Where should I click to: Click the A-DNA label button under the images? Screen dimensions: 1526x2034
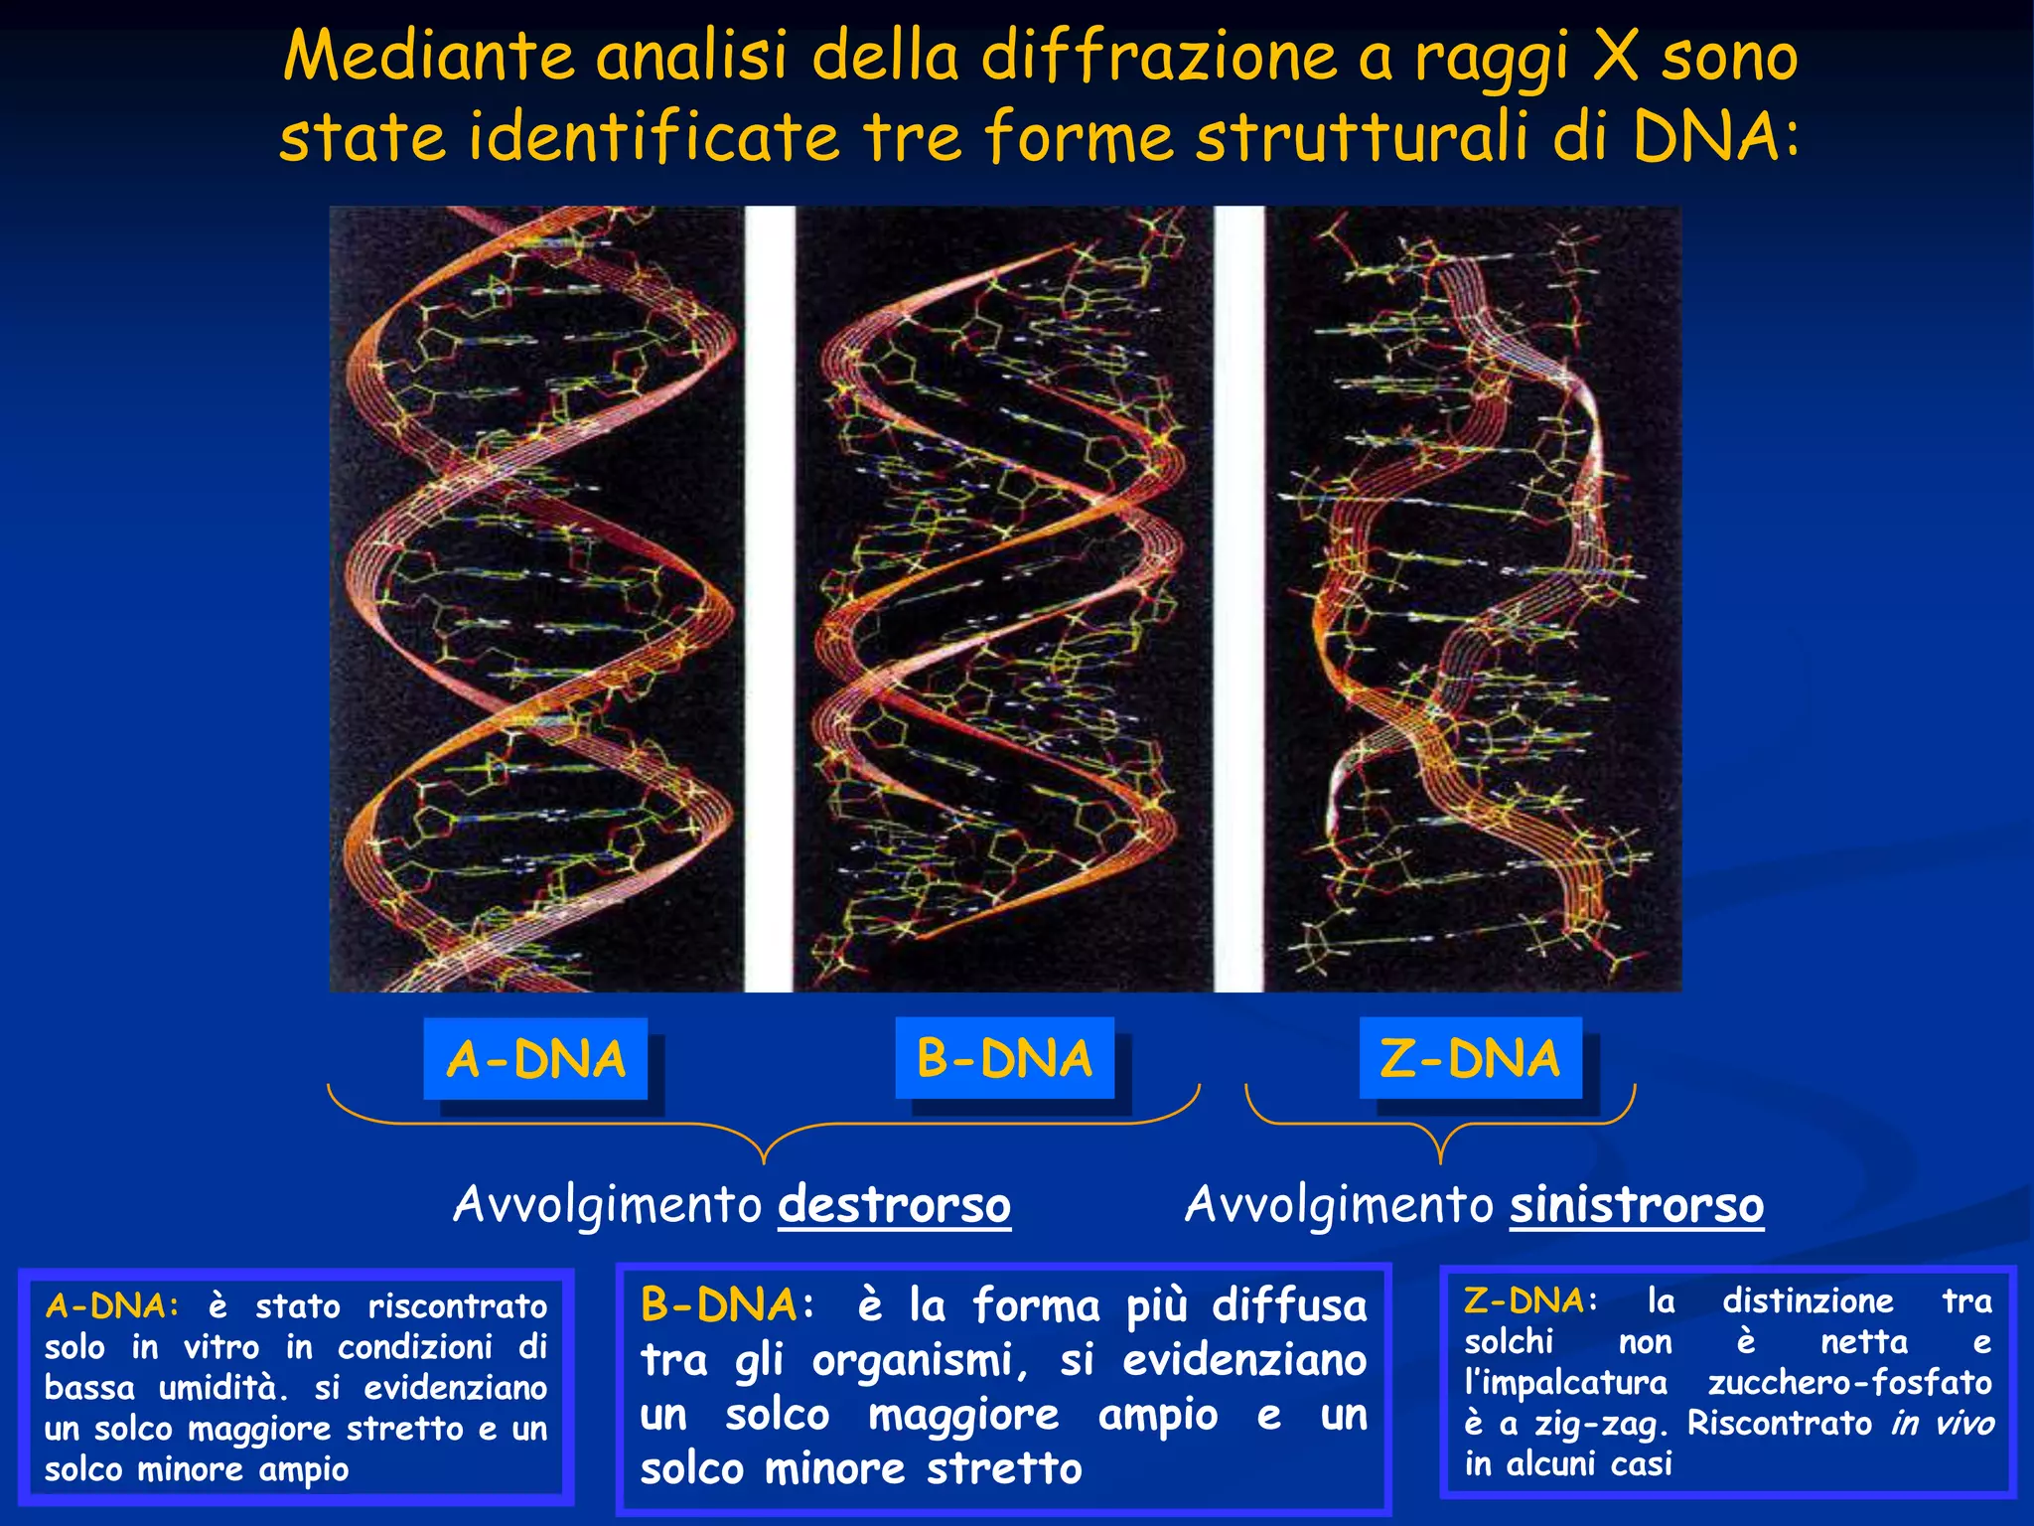pos(535,1059)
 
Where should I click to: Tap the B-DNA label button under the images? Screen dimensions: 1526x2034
pos(1004,1058)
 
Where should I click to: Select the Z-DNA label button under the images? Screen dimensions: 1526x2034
pos(1470,1058)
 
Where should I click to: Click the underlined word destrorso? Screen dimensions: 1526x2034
pos(894,1205)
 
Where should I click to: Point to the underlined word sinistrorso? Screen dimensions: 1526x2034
pos(1637,1205)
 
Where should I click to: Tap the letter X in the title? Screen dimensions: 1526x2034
pos(1615,56)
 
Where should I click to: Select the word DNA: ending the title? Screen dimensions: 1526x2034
pos(1715,136)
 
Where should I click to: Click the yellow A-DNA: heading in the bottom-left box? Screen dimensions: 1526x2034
pos(112,1305)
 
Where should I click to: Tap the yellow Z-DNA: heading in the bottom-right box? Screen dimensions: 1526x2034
pos(1530,1300)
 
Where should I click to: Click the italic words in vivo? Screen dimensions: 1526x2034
pos(1942,1423)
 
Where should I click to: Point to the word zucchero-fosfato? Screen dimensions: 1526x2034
pos(1849,1382)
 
